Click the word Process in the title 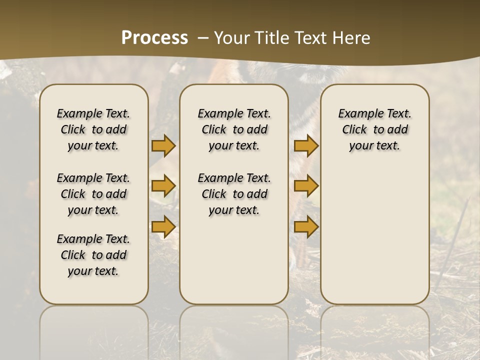(154, 38)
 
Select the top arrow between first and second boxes (163, 145)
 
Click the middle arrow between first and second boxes (163, 186)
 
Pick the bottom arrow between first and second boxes (163, 226)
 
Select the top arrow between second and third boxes (306, 145)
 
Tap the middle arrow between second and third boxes (306, 186)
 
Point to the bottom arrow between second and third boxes (306, 226)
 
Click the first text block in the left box (93, 129)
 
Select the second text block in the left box (93, 194)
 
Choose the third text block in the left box (93, 255)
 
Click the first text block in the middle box (234, 129)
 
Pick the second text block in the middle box (234, 194)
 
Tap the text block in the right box (375, 129)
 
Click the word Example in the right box (358, 114)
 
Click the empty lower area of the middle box (234, 260)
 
